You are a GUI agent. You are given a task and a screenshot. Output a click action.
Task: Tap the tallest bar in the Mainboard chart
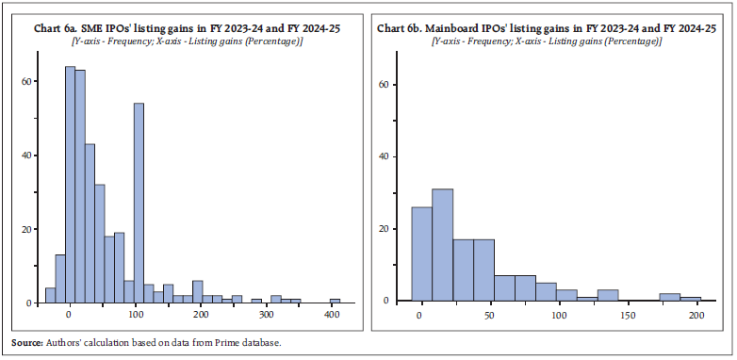[x=443, y=245]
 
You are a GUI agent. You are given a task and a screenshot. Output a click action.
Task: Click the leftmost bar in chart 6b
[x=421, y=254]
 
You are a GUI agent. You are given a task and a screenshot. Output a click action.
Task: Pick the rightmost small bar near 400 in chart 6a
[x=335, y=301]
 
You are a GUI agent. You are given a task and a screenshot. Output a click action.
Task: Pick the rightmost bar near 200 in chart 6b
[x=691, y=299]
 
